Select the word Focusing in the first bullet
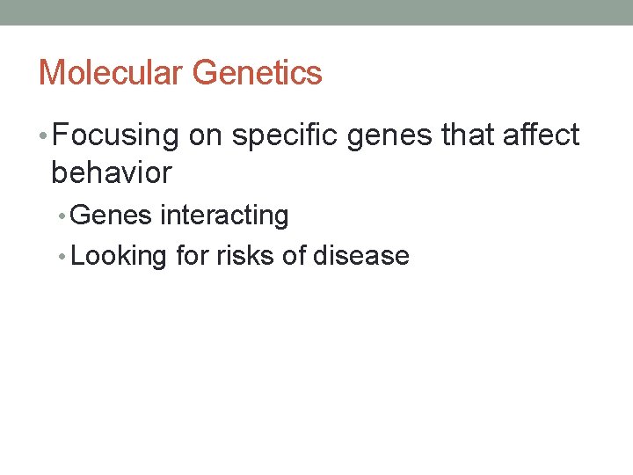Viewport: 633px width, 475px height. [115, 135]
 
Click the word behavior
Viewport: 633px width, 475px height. [112, 172]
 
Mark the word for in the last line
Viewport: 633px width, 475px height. [190, 256]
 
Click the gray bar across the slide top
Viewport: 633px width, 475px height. [316, 12]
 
